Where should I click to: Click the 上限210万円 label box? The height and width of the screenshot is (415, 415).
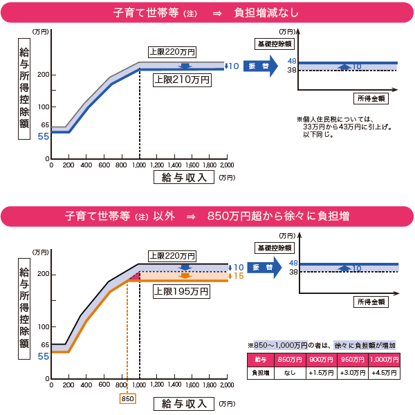click(x=181, y=79)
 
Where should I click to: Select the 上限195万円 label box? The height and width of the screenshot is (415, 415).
click(x=181, y=292)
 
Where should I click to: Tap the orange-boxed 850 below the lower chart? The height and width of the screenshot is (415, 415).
click(x=127, y=398)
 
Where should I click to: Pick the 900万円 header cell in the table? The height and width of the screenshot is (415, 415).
click(x=320, y=360)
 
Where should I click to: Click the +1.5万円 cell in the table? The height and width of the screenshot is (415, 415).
click(x=320, y=372)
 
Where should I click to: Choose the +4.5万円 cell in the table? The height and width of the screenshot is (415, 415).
click(x=384, y=372)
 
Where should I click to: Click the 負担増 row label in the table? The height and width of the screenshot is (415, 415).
click(x=260, y=372)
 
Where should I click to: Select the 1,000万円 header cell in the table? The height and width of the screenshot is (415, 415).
click(x=384, y=360)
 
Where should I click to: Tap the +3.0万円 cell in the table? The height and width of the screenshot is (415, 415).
click(x=352, y=372)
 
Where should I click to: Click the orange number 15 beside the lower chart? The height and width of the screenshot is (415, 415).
click(x=239, y=276)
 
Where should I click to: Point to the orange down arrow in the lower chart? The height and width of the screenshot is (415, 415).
click(x=184, y=276)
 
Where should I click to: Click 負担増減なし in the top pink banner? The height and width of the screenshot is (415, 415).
click(x=265, y=12)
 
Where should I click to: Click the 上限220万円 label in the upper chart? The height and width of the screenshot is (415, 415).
click(x=172, y=52)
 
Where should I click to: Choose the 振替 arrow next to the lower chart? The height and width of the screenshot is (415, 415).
click(x=261, y=268)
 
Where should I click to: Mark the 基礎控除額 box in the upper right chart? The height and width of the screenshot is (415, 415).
click(x=275, y=44)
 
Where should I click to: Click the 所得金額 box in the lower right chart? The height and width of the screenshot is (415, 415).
click(x=372, y=302)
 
